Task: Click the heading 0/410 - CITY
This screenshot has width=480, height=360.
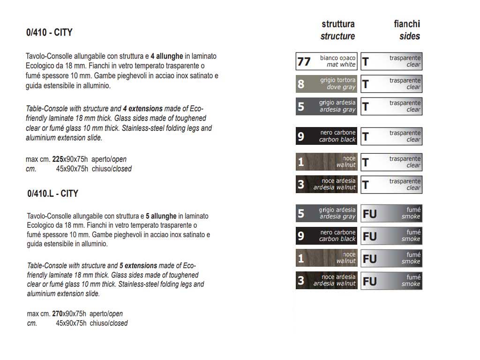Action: point(49,32)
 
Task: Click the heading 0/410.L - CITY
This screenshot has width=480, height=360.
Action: point(52,193)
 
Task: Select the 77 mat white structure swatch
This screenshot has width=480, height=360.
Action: point(327,61)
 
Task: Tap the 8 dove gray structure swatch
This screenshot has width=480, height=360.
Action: point(327,83)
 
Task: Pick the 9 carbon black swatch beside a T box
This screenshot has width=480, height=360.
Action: point(327,136)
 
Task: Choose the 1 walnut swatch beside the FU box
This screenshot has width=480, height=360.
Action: point(327,258)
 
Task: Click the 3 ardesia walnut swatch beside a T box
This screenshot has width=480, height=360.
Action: point(327,184)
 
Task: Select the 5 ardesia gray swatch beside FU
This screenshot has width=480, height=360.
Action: point(327,213)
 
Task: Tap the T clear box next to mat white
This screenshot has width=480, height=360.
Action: point(391,61)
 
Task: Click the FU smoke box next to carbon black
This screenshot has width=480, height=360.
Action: point(391,236)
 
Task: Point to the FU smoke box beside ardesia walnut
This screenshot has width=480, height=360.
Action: point(391,281)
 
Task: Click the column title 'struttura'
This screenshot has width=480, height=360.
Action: point(338,24)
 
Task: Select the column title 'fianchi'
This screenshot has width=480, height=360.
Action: point(407,24)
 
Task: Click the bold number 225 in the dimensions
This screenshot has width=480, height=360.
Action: point(58,159)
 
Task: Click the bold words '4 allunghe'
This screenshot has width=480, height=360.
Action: point(167,56)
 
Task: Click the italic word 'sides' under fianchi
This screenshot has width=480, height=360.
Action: point(410,36)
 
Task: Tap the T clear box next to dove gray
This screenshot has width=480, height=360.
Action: point(391,83)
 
